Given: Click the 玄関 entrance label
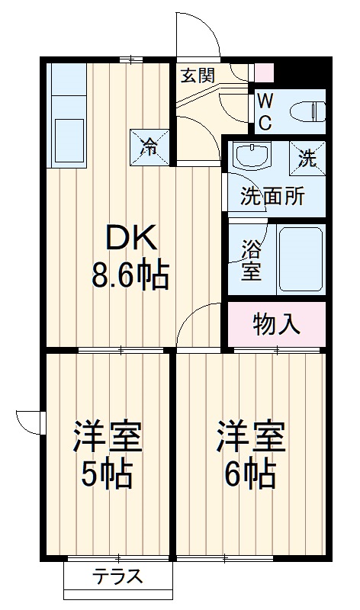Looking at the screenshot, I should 197,75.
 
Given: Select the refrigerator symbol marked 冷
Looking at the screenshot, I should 149,145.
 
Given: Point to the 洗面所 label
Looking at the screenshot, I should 272,196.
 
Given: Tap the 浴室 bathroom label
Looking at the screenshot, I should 250,262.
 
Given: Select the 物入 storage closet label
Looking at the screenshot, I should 277,324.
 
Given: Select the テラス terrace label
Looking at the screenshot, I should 118,577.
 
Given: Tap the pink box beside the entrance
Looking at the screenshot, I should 263,72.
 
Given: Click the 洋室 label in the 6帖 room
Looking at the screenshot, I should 250,436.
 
